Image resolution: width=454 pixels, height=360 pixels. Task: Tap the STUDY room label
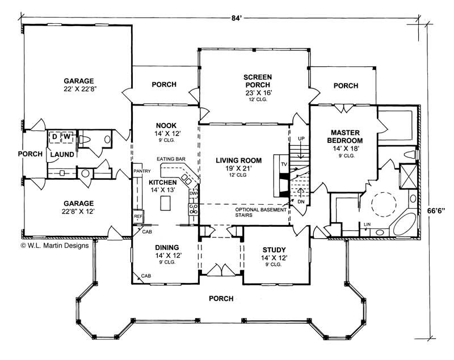point(274,250)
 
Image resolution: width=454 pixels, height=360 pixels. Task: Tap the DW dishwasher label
point(193,193)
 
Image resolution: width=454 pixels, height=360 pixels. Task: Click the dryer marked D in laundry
point(54,137)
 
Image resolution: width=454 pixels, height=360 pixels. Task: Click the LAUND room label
point(61,154)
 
